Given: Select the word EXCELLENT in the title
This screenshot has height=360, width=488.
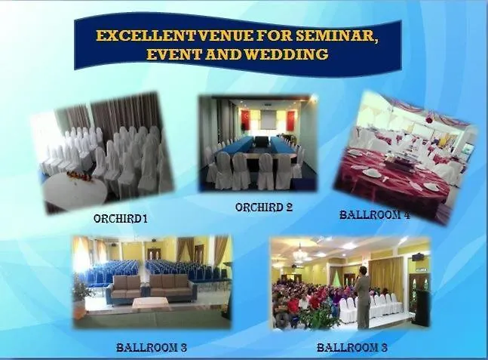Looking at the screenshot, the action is click(x=147, y=35).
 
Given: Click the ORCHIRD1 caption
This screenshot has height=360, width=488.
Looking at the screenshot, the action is click(x=121, y=219).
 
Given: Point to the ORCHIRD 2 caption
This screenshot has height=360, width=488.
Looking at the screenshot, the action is click(x=264, y=208).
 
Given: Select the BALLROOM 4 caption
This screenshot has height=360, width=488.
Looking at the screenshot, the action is click(x=375, y=215).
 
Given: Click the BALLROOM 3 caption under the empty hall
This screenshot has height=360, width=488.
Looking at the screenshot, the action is click(x=152, y=347).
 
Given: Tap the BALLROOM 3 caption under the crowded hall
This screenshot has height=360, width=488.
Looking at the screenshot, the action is click(x=352, y=347).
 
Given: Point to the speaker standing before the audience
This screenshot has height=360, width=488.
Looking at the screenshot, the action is click(x=363, y=298).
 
